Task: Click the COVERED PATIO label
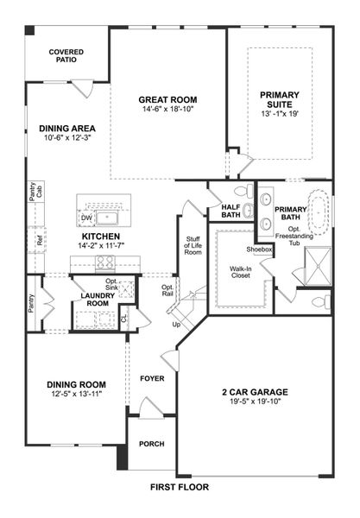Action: [66, 56]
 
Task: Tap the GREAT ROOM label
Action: [169, 99]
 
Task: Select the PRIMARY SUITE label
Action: [280, 100]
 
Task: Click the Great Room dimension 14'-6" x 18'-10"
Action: [169, 110]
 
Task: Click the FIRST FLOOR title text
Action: [180, 487]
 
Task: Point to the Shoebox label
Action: [259, 250]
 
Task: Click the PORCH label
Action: [151, 445]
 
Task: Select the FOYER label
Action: [152, 377]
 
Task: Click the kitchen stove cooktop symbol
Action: [105, 263]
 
